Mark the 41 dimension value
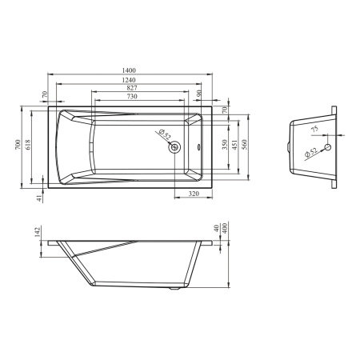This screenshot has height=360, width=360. click(39, 198)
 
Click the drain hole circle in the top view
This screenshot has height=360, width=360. click(173, 146)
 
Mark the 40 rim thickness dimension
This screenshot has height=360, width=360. click(217, 228)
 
